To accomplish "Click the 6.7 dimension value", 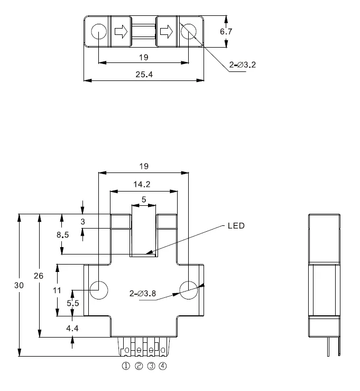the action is coord(226,31).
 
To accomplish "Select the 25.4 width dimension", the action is coord(144,74).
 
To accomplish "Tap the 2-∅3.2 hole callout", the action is coord(243,65).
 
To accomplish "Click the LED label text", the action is coord(236,226).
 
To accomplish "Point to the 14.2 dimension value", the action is coord(142,184).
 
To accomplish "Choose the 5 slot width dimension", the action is coord(144,199).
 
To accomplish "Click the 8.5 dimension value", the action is coord(62,234).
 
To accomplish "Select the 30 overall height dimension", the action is coord(19,285).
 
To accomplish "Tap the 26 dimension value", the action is coord(39,276).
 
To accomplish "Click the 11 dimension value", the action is coord(57,290).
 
